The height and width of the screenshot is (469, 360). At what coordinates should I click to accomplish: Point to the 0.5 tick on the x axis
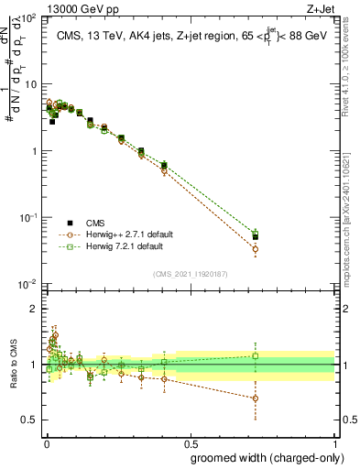tap(190, 442)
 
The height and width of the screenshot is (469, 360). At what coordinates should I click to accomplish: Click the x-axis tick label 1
tap(334, 442)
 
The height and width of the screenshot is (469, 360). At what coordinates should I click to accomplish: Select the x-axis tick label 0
tap(46, 442)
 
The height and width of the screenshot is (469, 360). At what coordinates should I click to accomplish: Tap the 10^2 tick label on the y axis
tap(29, 18)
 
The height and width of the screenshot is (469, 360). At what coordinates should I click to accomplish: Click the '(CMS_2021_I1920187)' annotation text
tap(190, 272)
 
